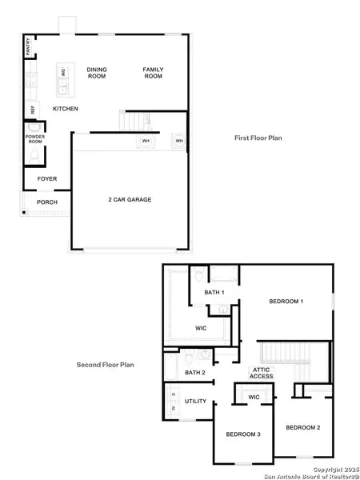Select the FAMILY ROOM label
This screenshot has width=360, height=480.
(x=153, y=73)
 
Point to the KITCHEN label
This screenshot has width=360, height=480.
(x=66, y=108)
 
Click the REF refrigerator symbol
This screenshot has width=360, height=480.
(x=33, y=109)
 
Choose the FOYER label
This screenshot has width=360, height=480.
(x=47, y=178)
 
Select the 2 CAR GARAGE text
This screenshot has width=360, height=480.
(x=130, y=199)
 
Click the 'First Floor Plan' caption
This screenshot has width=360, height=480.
(x=258, y=138)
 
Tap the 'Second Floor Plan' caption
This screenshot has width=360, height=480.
(x=105, y=365)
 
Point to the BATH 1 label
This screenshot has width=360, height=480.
(x=214, y=293)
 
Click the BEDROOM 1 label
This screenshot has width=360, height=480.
(x=286, y=301)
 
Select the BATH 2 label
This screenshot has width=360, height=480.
(x=195, y=373)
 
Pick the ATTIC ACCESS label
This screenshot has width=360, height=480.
(x=262, y=373)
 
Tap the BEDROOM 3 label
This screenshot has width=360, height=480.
(x=242, y=433)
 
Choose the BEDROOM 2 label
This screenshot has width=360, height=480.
(x=303, y=427)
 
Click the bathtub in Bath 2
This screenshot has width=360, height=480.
(x=172, y=368)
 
